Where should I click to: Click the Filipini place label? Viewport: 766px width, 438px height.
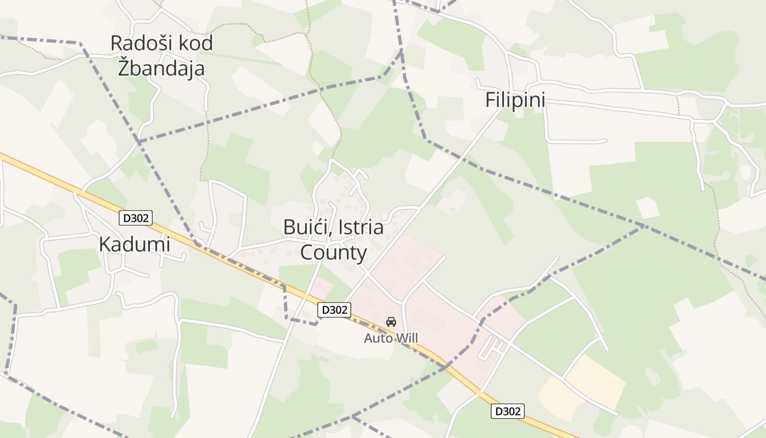tap(515, 101)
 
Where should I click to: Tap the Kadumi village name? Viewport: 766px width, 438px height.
tap(135, 245)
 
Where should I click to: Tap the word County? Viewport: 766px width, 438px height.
tap(333, 253)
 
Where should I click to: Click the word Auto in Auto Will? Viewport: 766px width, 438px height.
tap(378, 338)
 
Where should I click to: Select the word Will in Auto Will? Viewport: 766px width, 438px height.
tap(407, 338)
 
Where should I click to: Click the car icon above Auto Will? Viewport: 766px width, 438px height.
tap(391, 322)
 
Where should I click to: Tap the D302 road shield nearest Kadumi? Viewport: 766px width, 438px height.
tap(135, 218)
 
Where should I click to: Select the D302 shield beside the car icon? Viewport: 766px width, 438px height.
tap(334, 310)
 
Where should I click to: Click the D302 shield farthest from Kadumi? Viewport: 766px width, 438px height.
tap(507, 411)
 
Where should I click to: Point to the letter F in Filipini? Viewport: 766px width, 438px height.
tap(491, 101)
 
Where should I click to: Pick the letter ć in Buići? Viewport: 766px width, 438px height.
tap(320, 227)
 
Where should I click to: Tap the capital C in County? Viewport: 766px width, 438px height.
tap(307, 253)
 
